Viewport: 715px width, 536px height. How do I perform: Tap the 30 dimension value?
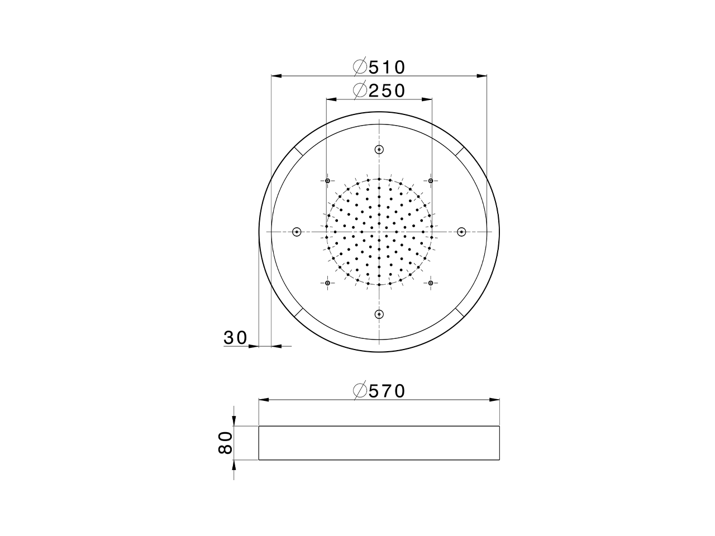point(235,338)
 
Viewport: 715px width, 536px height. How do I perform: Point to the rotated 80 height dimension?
point(225,443)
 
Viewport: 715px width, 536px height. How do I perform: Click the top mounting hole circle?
point(379,149)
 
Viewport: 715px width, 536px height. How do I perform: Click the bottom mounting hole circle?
point(379,314)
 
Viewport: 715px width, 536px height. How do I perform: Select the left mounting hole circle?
point(297,232)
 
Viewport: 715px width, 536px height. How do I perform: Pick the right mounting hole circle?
point(461,232)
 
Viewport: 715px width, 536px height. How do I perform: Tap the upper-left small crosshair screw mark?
point(327,180)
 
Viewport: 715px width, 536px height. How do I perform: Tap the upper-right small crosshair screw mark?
point(431,180)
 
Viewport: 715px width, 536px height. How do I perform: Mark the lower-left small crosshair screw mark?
point(327,284)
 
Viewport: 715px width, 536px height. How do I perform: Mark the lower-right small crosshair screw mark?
point(431,284)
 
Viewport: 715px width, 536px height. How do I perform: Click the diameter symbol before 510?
point(360,67)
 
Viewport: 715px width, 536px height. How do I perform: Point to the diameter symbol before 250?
point(360,90)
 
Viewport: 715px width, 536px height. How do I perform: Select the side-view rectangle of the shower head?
point(379,443)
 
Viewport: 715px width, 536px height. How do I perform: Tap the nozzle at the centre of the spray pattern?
point(379,232)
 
